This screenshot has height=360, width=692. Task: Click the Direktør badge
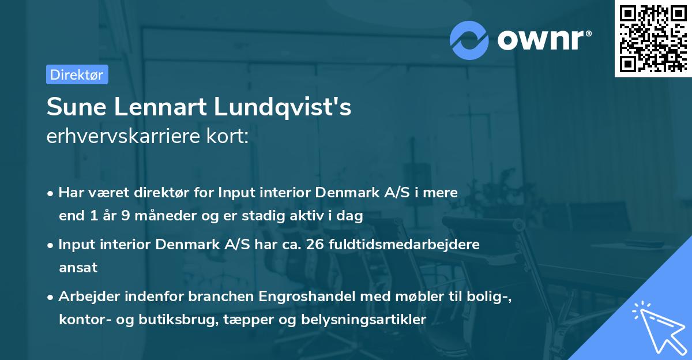pyautogui.click(x=77, y=74)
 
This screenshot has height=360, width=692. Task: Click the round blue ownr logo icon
pyautogui.click(x=469, y=39)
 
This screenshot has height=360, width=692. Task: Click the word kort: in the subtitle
pyautogui.click(x=230, y=137)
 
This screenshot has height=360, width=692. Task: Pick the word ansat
pyautogui.click(x=78, y=268)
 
